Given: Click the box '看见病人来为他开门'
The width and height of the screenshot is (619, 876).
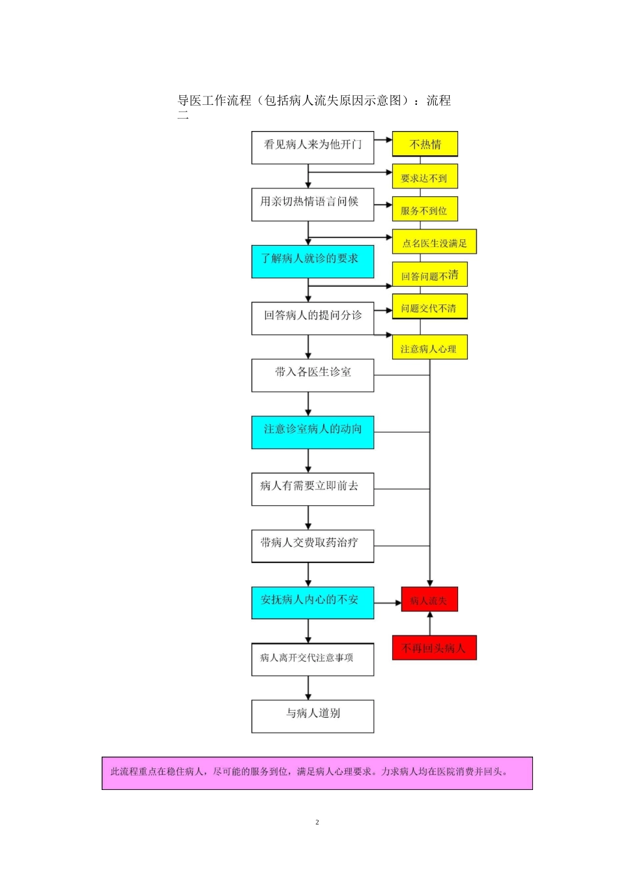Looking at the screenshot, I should pos(313,148).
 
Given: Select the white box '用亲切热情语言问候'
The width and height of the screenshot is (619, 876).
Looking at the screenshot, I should pos(313,205).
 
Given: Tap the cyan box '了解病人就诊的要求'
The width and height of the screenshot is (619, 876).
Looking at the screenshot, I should pos(313,261).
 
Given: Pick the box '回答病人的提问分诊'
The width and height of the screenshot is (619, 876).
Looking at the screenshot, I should pos(313,318).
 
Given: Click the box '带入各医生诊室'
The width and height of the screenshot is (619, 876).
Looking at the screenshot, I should pos(313,375).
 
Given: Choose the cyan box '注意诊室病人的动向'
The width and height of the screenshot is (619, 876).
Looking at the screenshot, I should pos(313,432).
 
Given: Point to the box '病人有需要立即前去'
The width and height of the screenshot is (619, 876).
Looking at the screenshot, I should pos(313,489).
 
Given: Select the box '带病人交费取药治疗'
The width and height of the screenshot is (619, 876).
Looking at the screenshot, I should pos(313,546).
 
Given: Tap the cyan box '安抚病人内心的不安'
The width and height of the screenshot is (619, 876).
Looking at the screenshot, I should pos(313,603).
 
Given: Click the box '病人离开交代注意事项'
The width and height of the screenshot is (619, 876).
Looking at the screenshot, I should pos(313,660).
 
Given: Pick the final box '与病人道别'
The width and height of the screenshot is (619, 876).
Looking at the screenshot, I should pos(313,716).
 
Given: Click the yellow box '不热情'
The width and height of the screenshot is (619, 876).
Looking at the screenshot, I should pos(425,144).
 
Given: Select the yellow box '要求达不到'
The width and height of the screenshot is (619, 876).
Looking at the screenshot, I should pos(425,177).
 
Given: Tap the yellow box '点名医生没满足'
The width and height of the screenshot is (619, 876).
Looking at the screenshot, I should pos(435,242).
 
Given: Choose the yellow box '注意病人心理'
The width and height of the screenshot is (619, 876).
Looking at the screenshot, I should pos(429,347).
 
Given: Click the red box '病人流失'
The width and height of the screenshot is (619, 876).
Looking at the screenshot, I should pos(429,600).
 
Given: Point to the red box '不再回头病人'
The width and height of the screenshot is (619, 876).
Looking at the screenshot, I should pos(434,648).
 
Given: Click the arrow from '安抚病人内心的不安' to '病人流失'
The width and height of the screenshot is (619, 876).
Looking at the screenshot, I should pos(388,603).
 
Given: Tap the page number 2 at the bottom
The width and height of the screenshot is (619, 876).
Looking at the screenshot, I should pos(317,822).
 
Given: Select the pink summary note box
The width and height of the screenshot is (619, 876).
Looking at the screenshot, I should pos(317,773).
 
